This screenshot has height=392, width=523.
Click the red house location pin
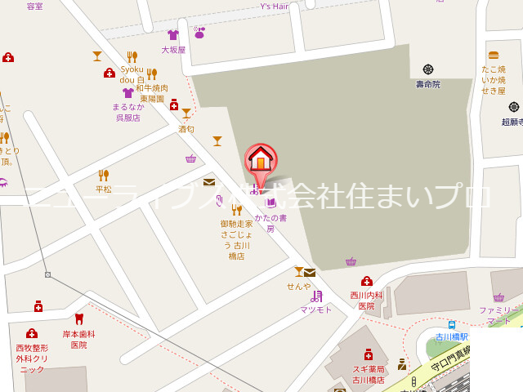tap(261, 158)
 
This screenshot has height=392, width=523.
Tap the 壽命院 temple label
tap(427, 83)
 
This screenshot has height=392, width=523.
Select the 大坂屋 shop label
tap(173, 49)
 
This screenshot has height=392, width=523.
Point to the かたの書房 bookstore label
tap(270, 223)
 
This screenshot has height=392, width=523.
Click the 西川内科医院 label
tap(366, 301)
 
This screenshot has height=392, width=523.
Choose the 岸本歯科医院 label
tap(79, 339)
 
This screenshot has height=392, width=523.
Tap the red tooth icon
tap(79, 318)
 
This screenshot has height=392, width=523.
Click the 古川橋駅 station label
tap(451, 336)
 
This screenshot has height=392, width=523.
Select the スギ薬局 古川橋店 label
tap(369, 374)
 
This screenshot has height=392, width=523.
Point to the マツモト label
tap(316, 310)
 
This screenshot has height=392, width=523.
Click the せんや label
tap(298, 286)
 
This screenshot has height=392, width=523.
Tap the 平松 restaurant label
tap(103, 189)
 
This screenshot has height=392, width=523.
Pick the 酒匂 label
tap(186, 128)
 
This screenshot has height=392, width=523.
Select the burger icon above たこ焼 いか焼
tap(494, 55)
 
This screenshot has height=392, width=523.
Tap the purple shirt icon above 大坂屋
tap(173, 35)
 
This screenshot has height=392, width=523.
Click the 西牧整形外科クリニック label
tap(32, 359)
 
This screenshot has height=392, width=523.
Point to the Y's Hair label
tap(275, 7)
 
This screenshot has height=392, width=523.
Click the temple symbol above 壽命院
tap(427, 69)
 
